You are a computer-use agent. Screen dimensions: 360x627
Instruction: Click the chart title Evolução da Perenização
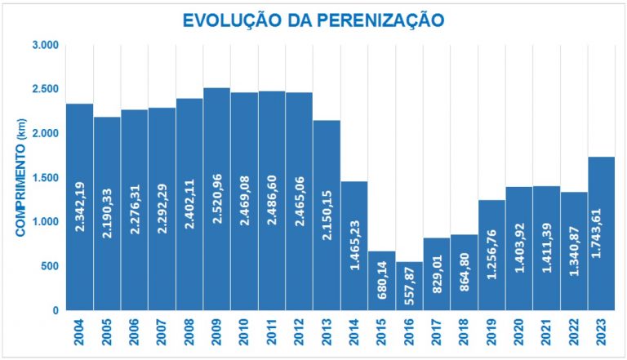(x=313, y=20)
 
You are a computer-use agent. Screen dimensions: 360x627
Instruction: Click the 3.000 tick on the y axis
(x=45, y=45)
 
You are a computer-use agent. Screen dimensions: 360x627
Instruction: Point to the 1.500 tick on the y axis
(x=45, y=178)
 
